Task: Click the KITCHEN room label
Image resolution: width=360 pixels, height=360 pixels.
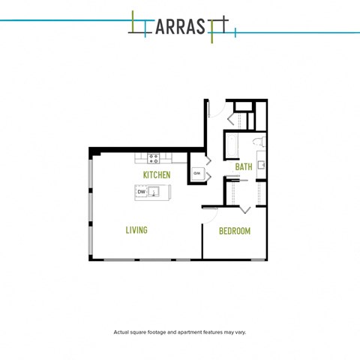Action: [157, 175]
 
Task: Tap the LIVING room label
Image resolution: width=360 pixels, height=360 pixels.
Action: [136, 230]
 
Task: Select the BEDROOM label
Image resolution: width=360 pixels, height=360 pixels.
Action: [234, 231]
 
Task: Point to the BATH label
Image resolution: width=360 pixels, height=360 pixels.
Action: [244, 166]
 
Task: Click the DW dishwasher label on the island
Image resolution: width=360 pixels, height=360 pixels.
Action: [141, 192]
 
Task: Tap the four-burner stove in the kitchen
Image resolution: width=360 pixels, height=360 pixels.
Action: [154, 158]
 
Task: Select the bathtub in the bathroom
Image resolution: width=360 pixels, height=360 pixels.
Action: [231, 144]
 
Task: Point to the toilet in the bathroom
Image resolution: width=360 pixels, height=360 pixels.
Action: [257, 142]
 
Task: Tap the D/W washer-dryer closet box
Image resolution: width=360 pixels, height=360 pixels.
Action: [197, 173]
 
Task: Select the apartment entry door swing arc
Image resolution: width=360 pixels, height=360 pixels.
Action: [214, 111]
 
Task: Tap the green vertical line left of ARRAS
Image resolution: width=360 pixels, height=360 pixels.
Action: [132, 23]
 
